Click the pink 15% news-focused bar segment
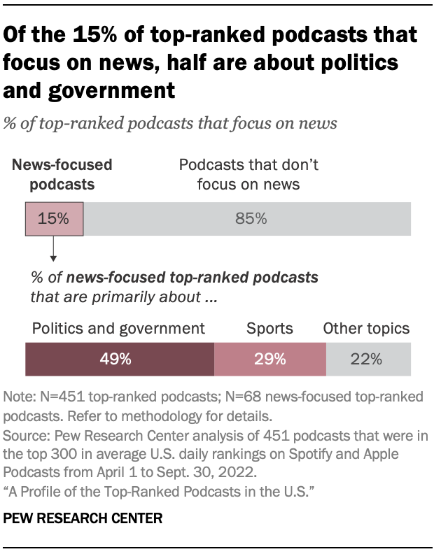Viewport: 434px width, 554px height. point(54,218)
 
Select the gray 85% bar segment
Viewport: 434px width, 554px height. point(246,218)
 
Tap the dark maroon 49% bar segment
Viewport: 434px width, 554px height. point(120,360)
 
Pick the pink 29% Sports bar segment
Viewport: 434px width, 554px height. point(269,360)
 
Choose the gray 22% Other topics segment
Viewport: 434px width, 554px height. point(368,360)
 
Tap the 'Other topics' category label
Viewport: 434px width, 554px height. point(366,328)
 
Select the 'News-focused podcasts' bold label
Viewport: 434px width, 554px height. point(62,175)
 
